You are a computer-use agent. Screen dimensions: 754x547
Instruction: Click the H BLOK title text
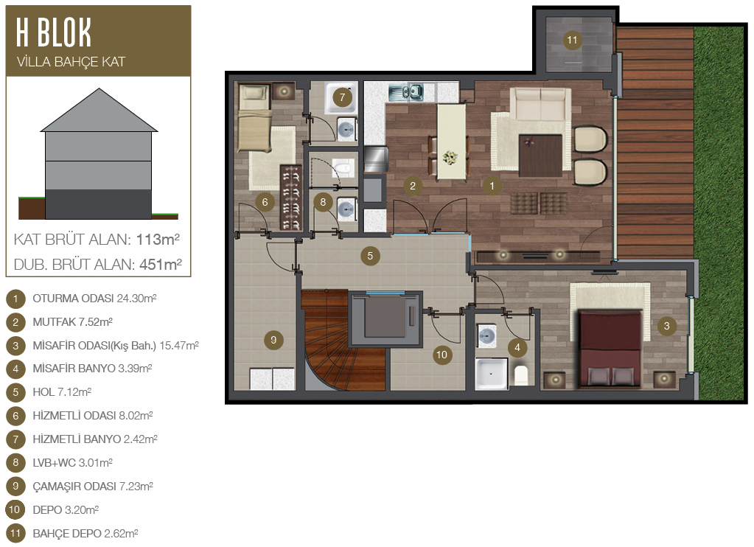[53, 32]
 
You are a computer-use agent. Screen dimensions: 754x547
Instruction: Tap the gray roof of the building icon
[99, 110]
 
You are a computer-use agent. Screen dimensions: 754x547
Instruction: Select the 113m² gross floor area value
[158, 239]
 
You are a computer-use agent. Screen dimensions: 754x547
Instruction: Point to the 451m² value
[160, 264]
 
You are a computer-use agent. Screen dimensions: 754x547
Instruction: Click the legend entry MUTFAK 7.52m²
[72, 322]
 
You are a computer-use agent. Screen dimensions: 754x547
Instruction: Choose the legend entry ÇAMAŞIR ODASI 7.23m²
[92, 486]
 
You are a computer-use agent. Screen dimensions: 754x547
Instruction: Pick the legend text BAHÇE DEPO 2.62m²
[85, 533]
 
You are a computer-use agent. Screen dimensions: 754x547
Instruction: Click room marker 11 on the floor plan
[572, 40]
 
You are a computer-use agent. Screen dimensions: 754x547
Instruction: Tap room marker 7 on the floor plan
[343, 97]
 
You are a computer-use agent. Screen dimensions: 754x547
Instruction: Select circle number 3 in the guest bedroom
[666, 326]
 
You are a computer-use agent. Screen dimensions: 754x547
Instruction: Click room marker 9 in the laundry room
[273, 340]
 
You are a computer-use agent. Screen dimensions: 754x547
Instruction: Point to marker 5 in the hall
[370, 256]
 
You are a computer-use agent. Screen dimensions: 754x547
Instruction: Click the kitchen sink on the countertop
[406, 91]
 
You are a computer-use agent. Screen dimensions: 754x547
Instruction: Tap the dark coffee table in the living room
[540, 156]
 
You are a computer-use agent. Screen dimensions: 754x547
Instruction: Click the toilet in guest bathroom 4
[521, 374]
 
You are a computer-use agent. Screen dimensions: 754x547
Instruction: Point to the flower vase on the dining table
[450, 157]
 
